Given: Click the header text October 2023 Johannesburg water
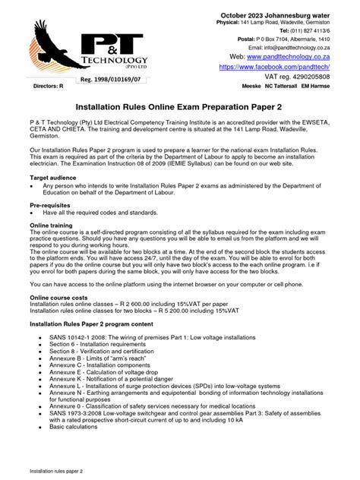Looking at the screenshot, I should (288, 16).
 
